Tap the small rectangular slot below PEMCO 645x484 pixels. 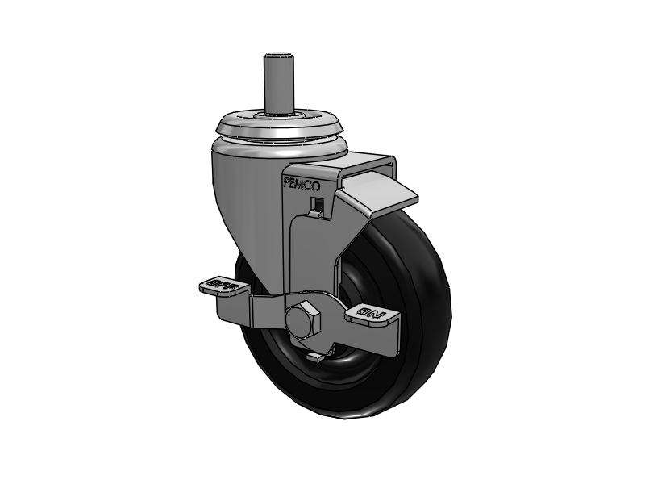318,202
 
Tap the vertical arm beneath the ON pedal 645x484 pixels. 390,339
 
